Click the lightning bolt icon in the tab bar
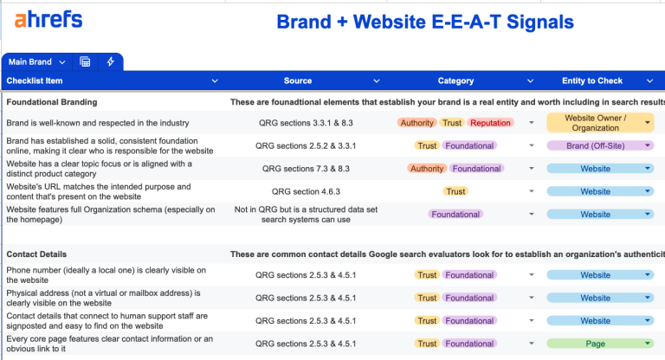tap(110, 61)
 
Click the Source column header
tap(297, 81)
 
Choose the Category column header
tap(455, 81)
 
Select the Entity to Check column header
tap(591, 81)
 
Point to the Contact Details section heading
tap(37, 254)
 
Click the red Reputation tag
tap(490, 123)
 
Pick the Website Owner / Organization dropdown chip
tap(595, 123)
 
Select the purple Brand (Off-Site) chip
tap(595, 146)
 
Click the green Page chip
tap(595, 344)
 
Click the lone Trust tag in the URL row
tap(455, 192)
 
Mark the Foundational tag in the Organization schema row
tap(455, 215)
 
